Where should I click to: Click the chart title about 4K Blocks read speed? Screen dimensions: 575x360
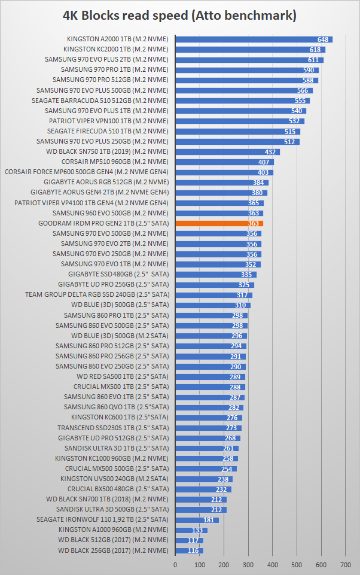pos(180,15)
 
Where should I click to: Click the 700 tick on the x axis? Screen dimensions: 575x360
pos(346,564)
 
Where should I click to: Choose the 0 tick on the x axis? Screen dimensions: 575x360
pos(175,564)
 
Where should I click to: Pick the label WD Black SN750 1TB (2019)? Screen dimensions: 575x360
pos(115,151)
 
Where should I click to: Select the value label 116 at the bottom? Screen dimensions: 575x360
pos(193,550)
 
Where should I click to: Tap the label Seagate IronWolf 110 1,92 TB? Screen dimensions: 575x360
pos(102,519)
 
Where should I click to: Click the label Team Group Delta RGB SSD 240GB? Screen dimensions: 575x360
pos(97,294)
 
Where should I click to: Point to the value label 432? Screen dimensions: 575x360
pos(270,151)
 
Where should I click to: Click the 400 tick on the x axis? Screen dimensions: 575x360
pos(273,564)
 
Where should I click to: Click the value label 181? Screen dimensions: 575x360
pos(209,519)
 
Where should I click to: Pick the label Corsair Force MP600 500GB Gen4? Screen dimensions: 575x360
pos(87,172)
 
